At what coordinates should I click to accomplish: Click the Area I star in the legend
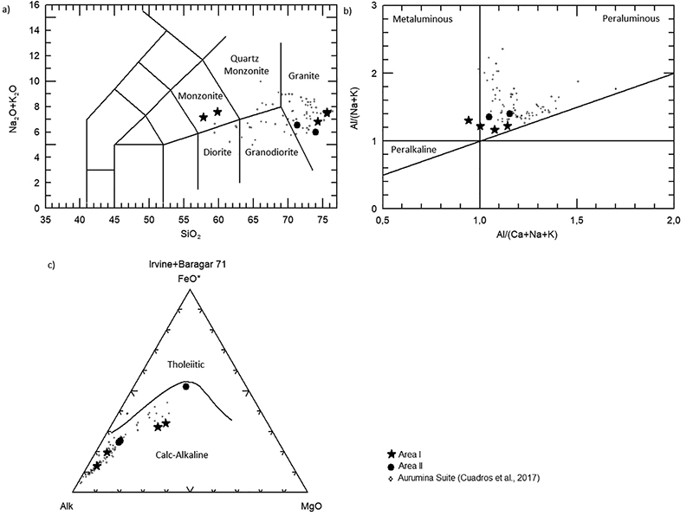click(x=392, y=454)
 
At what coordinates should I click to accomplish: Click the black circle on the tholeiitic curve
click(x=185, y=386)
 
